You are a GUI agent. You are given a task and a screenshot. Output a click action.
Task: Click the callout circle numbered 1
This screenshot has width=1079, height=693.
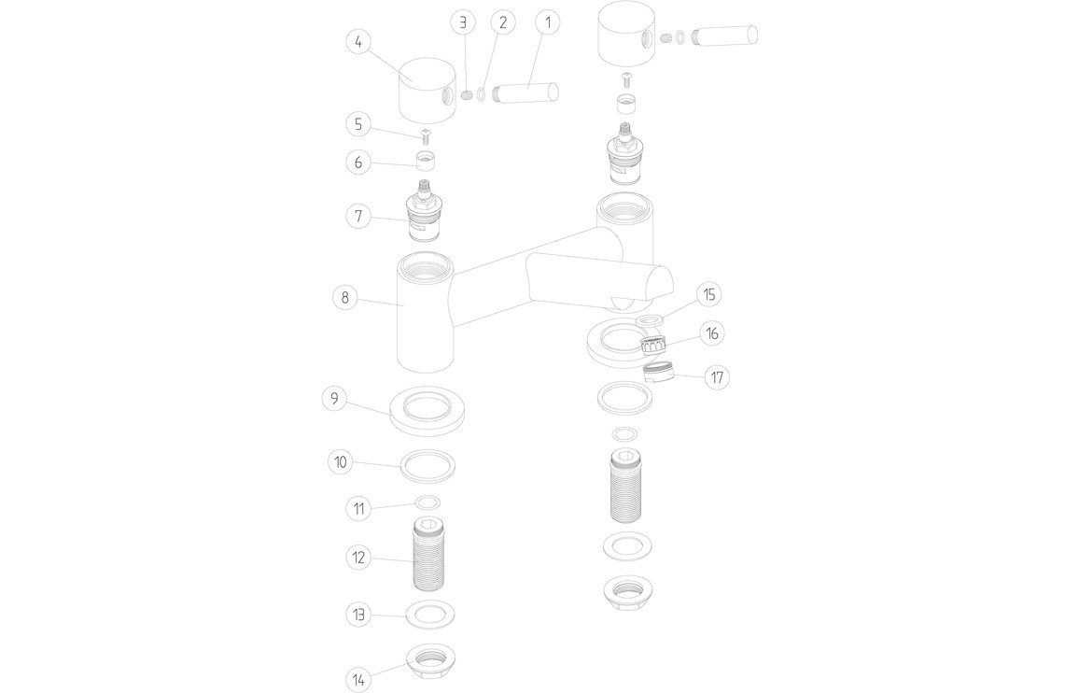549,22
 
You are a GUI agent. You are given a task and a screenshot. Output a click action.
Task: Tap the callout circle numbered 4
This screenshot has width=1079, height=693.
358,42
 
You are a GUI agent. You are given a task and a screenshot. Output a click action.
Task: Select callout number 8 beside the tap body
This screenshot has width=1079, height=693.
344,298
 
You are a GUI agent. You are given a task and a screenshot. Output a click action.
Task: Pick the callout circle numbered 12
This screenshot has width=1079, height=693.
358,558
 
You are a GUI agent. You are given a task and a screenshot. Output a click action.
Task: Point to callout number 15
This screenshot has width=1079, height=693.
709,295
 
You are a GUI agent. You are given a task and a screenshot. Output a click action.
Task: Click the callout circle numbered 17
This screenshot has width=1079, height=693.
717,377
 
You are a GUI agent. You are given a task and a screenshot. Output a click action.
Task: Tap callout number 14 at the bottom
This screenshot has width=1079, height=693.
358,681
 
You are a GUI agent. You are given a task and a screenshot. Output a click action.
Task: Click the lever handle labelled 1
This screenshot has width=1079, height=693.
525,92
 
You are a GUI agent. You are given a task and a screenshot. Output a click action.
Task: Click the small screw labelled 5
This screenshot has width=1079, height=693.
427,135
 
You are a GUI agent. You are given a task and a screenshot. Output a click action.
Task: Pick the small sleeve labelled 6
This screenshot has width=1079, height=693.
428,163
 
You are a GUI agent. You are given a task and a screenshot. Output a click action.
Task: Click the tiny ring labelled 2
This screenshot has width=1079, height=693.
482,94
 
